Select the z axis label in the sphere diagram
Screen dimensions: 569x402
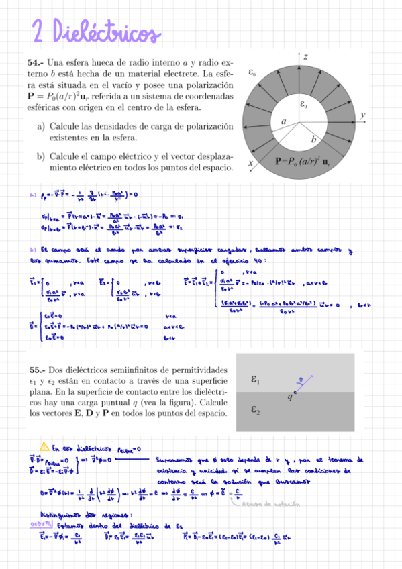pos(305,58)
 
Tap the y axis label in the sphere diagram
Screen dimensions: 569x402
pos(362,115)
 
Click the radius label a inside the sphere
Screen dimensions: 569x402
pos(284,120)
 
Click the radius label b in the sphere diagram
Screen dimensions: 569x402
pos(313,139)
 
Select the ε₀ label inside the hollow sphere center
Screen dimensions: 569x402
pos(304,105)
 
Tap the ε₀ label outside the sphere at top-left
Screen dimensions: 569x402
pos(252,71)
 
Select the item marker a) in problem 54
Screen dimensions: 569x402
pos(42,125)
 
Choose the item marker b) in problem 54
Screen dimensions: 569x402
pos(42,156)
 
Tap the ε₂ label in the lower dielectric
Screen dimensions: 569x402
pos(256,409)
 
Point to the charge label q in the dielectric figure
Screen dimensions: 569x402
pos(290,397)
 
